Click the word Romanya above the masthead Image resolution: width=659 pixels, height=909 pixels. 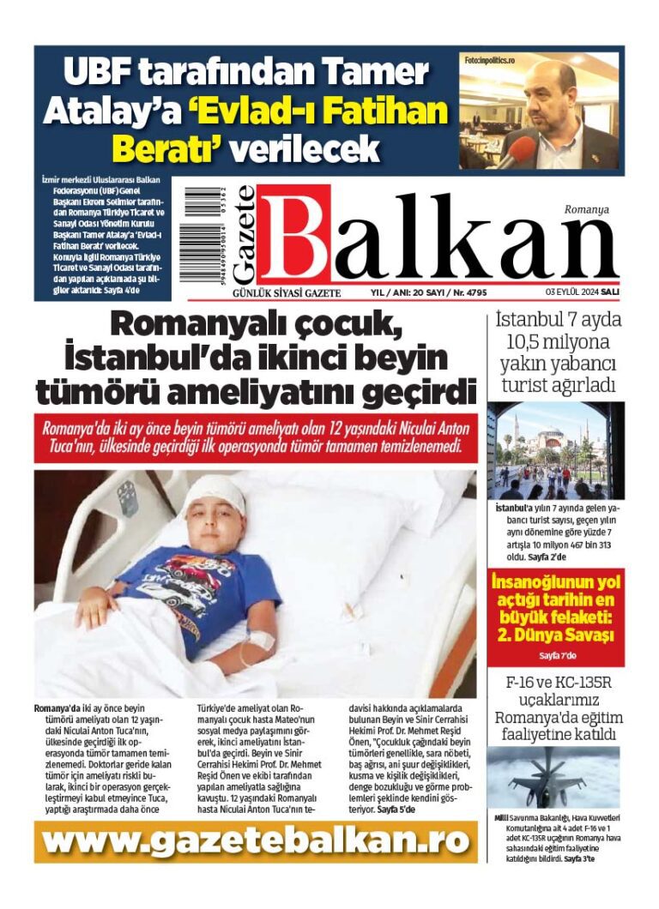pyautogui.click(x=586, y=208)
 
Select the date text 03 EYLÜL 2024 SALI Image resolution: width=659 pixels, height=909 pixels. pyautogui.click(x=583, y=292)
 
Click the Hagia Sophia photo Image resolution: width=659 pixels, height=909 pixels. pyautogui.click(x=555, y=450)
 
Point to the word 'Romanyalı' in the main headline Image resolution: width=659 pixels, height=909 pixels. pyautogui.click(x=197, y=325)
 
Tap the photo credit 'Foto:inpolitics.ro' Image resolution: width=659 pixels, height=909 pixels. pyautogui.click(x=490, y=61)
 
